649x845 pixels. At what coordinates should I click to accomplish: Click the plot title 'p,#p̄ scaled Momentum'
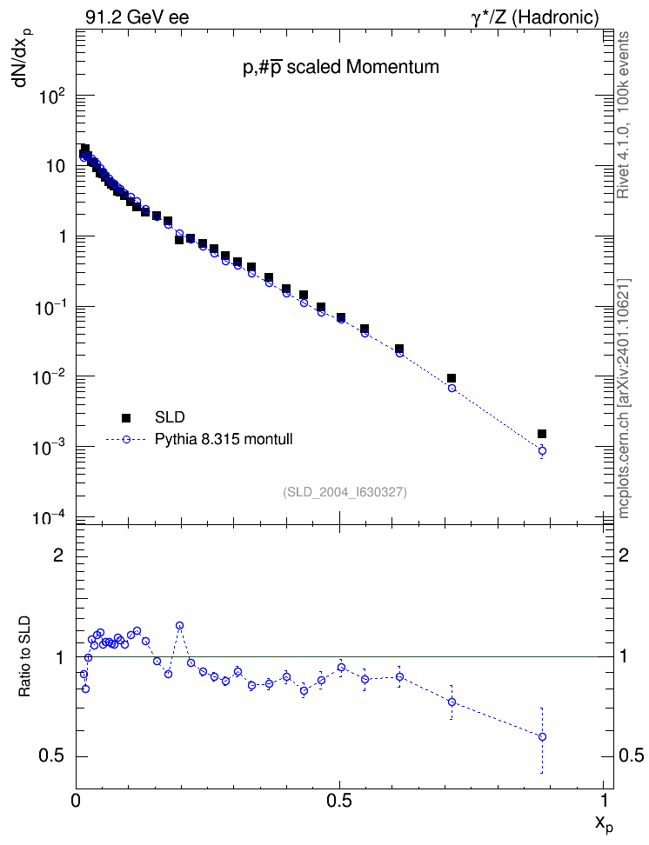pyautogui.click(x=341, y=67)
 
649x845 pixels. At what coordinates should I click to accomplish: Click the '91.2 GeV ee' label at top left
pyautogui.click(x=137, y=17)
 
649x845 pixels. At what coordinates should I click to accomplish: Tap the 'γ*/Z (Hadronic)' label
pyautogui.click(x=535, y=17)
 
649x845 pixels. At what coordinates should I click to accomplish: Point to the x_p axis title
pyautogui.click(x=605, y=822)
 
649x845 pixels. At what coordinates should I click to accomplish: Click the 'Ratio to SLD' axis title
pyautogui.click(x=24, y=655)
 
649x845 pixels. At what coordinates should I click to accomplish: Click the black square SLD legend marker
pyautogui.click(x=126, y=417)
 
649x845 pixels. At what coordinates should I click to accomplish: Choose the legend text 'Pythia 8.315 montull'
pyautogui.click(x=224, y=439)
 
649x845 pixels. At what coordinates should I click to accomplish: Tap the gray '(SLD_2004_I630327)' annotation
pyautogui.click(x=345, y=492)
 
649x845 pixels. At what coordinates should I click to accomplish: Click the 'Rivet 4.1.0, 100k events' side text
pyautogui.click(x=623, y=115)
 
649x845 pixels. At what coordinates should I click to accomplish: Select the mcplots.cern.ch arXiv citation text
pyautogui.click(x=624, y=398)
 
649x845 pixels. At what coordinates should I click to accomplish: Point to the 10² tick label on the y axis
pyautogui.click(x=52, y=98)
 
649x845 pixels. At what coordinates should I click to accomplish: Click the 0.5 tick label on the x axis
pyautogui.click(x=338, y=801)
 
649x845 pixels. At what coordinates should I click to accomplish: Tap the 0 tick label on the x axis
pyautogui.click(x=76, y=801)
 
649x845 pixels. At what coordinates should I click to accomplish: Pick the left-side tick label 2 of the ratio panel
pyautogui.click(x=58, y=555)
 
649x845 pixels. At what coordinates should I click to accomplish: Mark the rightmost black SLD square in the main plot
pyautogui.click(x=542, y=434)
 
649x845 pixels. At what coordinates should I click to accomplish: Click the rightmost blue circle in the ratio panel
pyautogui.click(x=542, y=736)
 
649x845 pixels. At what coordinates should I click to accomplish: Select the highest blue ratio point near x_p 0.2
pyautogui.click(x=179, y=626)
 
